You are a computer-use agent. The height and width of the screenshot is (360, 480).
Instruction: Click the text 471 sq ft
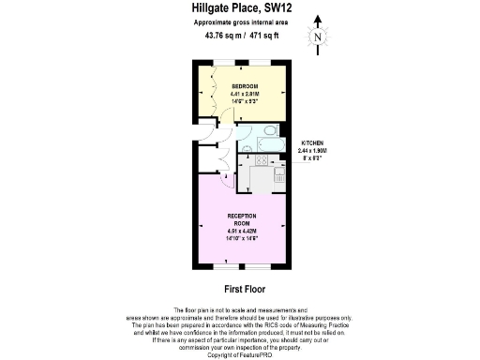(x=264, y=36)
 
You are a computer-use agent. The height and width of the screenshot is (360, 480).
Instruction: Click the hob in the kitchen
(x=262, y=160)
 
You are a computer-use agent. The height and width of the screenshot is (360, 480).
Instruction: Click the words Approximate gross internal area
(x=241, y=22)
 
